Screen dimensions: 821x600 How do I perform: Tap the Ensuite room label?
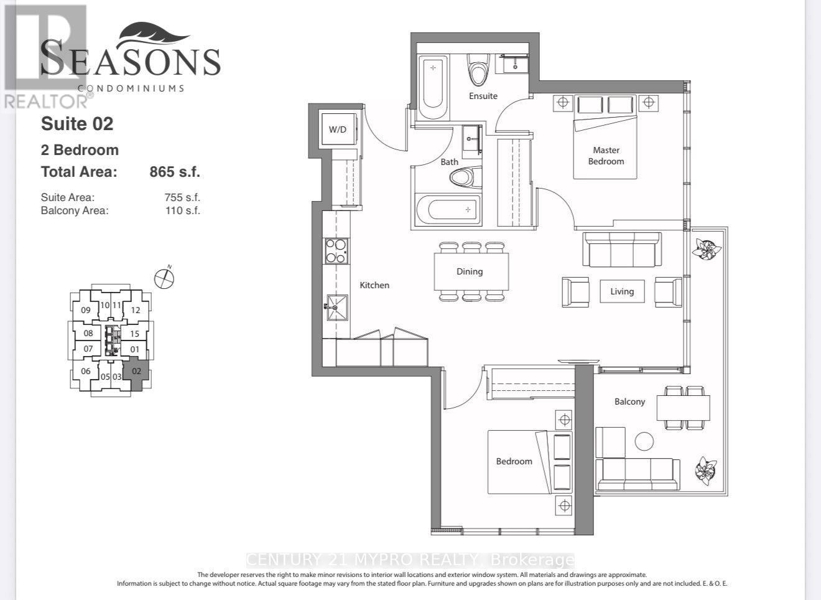point(483,96)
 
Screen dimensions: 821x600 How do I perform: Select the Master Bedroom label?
point(606,156)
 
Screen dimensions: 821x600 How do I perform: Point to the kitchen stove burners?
point(336,251)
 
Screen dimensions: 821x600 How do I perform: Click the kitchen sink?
point(337,307)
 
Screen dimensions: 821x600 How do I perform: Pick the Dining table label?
point(470,271)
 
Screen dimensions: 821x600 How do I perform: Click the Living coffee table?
point(622,291)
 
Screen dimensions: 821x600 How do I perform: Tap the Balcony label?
point(629,401)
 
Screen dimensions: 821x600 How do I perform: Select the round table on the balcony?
point(644,441)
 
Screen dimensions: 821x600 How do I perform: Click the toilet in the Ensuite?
point(478,73)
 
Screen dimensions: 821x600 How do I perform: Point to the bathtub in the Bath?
point(448,209)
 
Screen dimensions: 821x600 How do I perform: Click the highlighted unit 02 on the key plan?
point(136,374)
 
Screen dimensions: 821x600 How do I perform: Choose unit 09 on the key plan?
point(85,310)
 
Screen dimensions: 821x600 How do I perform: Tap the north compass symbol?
point(164,279)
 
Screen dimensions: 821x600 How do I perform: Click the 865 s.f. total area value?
point(175,172)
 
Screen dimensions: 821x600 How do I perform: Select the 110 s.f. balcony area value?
point(182,210)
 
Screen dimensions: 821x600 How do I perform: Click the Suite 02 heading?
point(77,124)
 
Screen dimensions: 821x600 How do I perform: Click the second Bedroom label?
point(514,461)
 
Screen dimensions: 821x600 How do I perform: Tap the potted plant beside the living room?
point(706,250)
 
